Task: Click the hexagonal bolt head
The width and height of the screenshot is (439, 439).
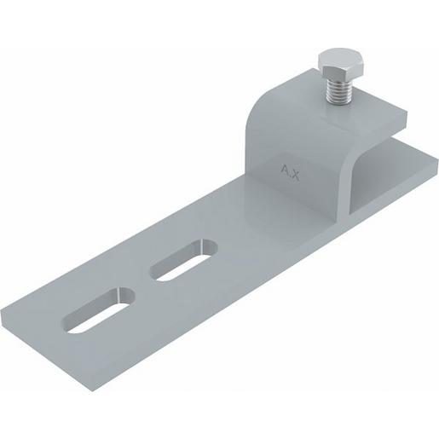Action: [340, 66]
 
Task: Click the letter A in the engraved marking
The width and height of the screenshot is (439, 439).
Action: [285, 170]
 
